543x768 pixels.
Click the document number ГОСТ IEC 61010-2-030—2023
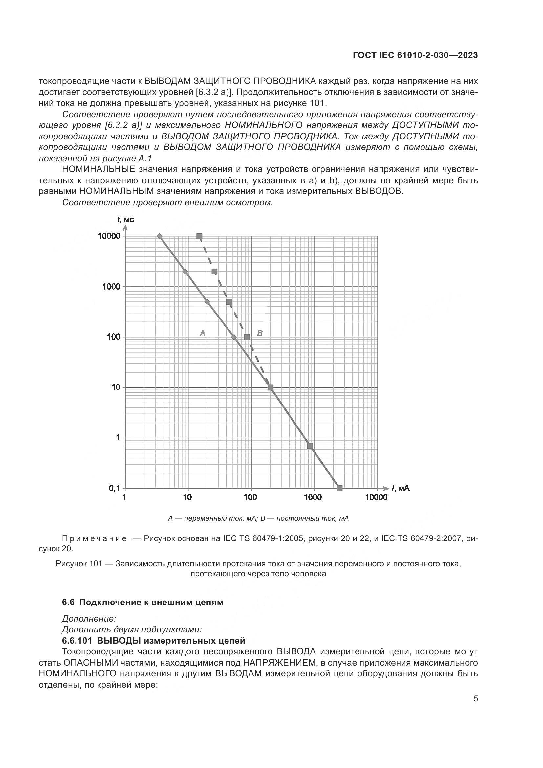tap(415, 55)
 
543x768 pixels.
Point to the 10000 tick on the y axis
tap(109, 236)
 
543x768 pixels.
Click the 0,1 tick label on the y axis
tap(114, 488)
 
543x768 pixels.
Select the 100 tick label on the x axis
tap(250, 497)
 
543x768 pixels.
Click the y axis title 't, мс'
tap(125, 220)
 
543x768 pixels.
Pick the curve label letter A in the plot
tap(202, 333)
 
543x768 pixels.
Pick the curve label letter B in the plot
tap(260, 333)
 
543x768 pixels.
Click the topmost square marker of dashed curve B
tap(200, 236)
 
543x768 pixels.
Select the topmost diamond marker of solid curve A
tap(160, 236)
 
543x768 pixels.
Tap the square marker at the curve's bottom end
tap(340, 488)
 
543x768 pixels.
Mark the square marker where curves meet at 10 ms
tap(271, 388)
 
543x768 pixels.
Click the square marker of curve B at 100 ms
tap(247, 337)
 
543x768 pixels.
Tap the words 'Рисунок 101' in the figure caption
tap(78, 564)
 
